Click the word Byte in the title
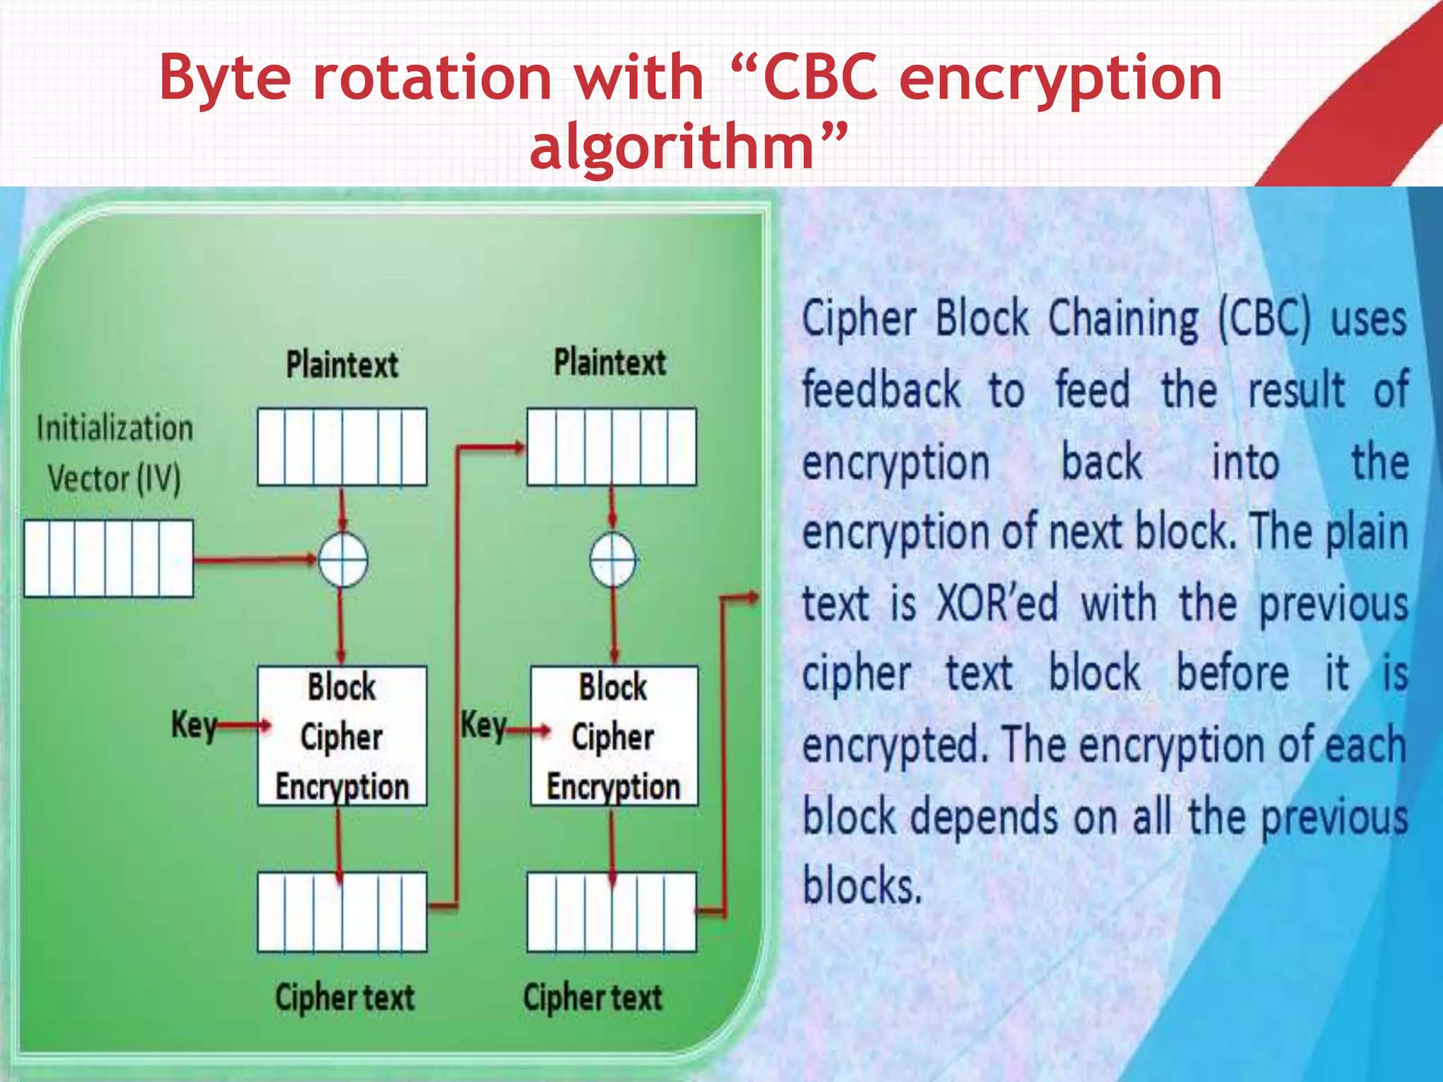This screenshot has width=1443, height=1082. click(224, 77)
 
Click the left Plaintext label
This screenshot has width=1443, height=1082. click(342, 365)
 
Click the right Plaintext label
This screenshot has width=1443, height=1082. click(609, 362)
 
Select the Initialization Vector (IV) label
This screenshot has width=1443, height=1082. click(114, 454)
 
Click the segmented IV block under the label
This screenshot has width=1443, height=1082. click(109, 559)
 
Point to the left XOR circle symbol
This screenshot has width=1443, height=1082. click(342, 560)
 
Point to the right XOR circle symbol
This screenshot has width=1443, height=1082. click(612, 560)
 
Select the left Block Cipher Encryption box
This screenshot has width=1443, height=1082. click(342, 735)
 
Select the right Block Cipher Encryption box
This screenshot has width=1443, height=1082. click(614, 735)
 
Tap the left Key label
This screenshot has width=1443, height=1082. click(192, 724)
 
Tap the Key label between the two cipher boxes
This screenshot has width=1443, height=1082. click(483, 724)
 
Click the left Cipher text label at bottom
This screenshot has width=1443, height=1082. click(345, 997)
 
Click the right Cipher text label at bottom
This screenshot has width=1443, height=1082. click(593, 997)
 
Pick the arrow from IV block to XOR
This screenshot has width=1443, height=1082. click(254, 560)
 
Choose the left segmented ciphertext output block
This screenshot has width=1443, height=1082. click(342, 912)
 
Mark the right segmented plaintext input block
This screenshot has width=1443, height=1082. click(612, 447)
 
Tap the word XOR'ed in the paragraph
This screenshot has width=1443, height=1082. click(997, 604)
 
